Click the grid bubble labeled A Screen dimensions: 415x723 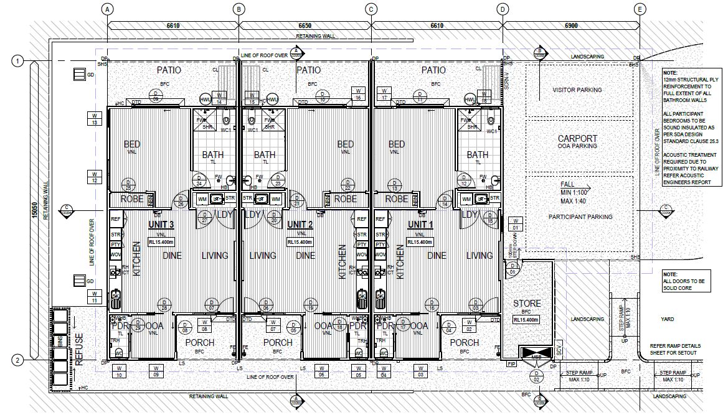(x=108, y=9)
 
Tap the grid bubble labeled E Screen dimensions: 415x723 (x=640, y=9)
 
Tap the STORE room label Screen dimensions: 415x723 (x=526, y=304)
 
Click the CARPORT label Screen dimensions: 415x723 (x=577, y=138)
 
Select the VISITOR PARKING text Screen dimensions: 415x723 (x=577, y=90)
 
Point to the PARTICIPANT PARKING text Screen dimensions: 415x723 (x=579, y=217)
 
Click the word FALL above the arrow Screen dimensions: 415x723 (x=567, y=185)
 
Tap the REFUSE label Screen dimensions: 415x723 (x=79, y=341)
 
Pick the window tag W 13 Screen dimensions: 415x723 (x=95, y=119)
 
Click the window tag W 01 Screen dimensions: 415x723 (x=514, y=224)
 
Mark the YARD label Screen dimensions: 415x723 (x=667, y=319)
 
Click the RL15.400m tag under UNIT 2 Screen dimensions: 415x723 (x=299, y=241)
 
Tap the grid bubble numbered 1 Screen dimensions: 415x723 (x=18, y=60)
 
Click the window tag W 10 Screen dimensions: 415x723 (x=118, y=371)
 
